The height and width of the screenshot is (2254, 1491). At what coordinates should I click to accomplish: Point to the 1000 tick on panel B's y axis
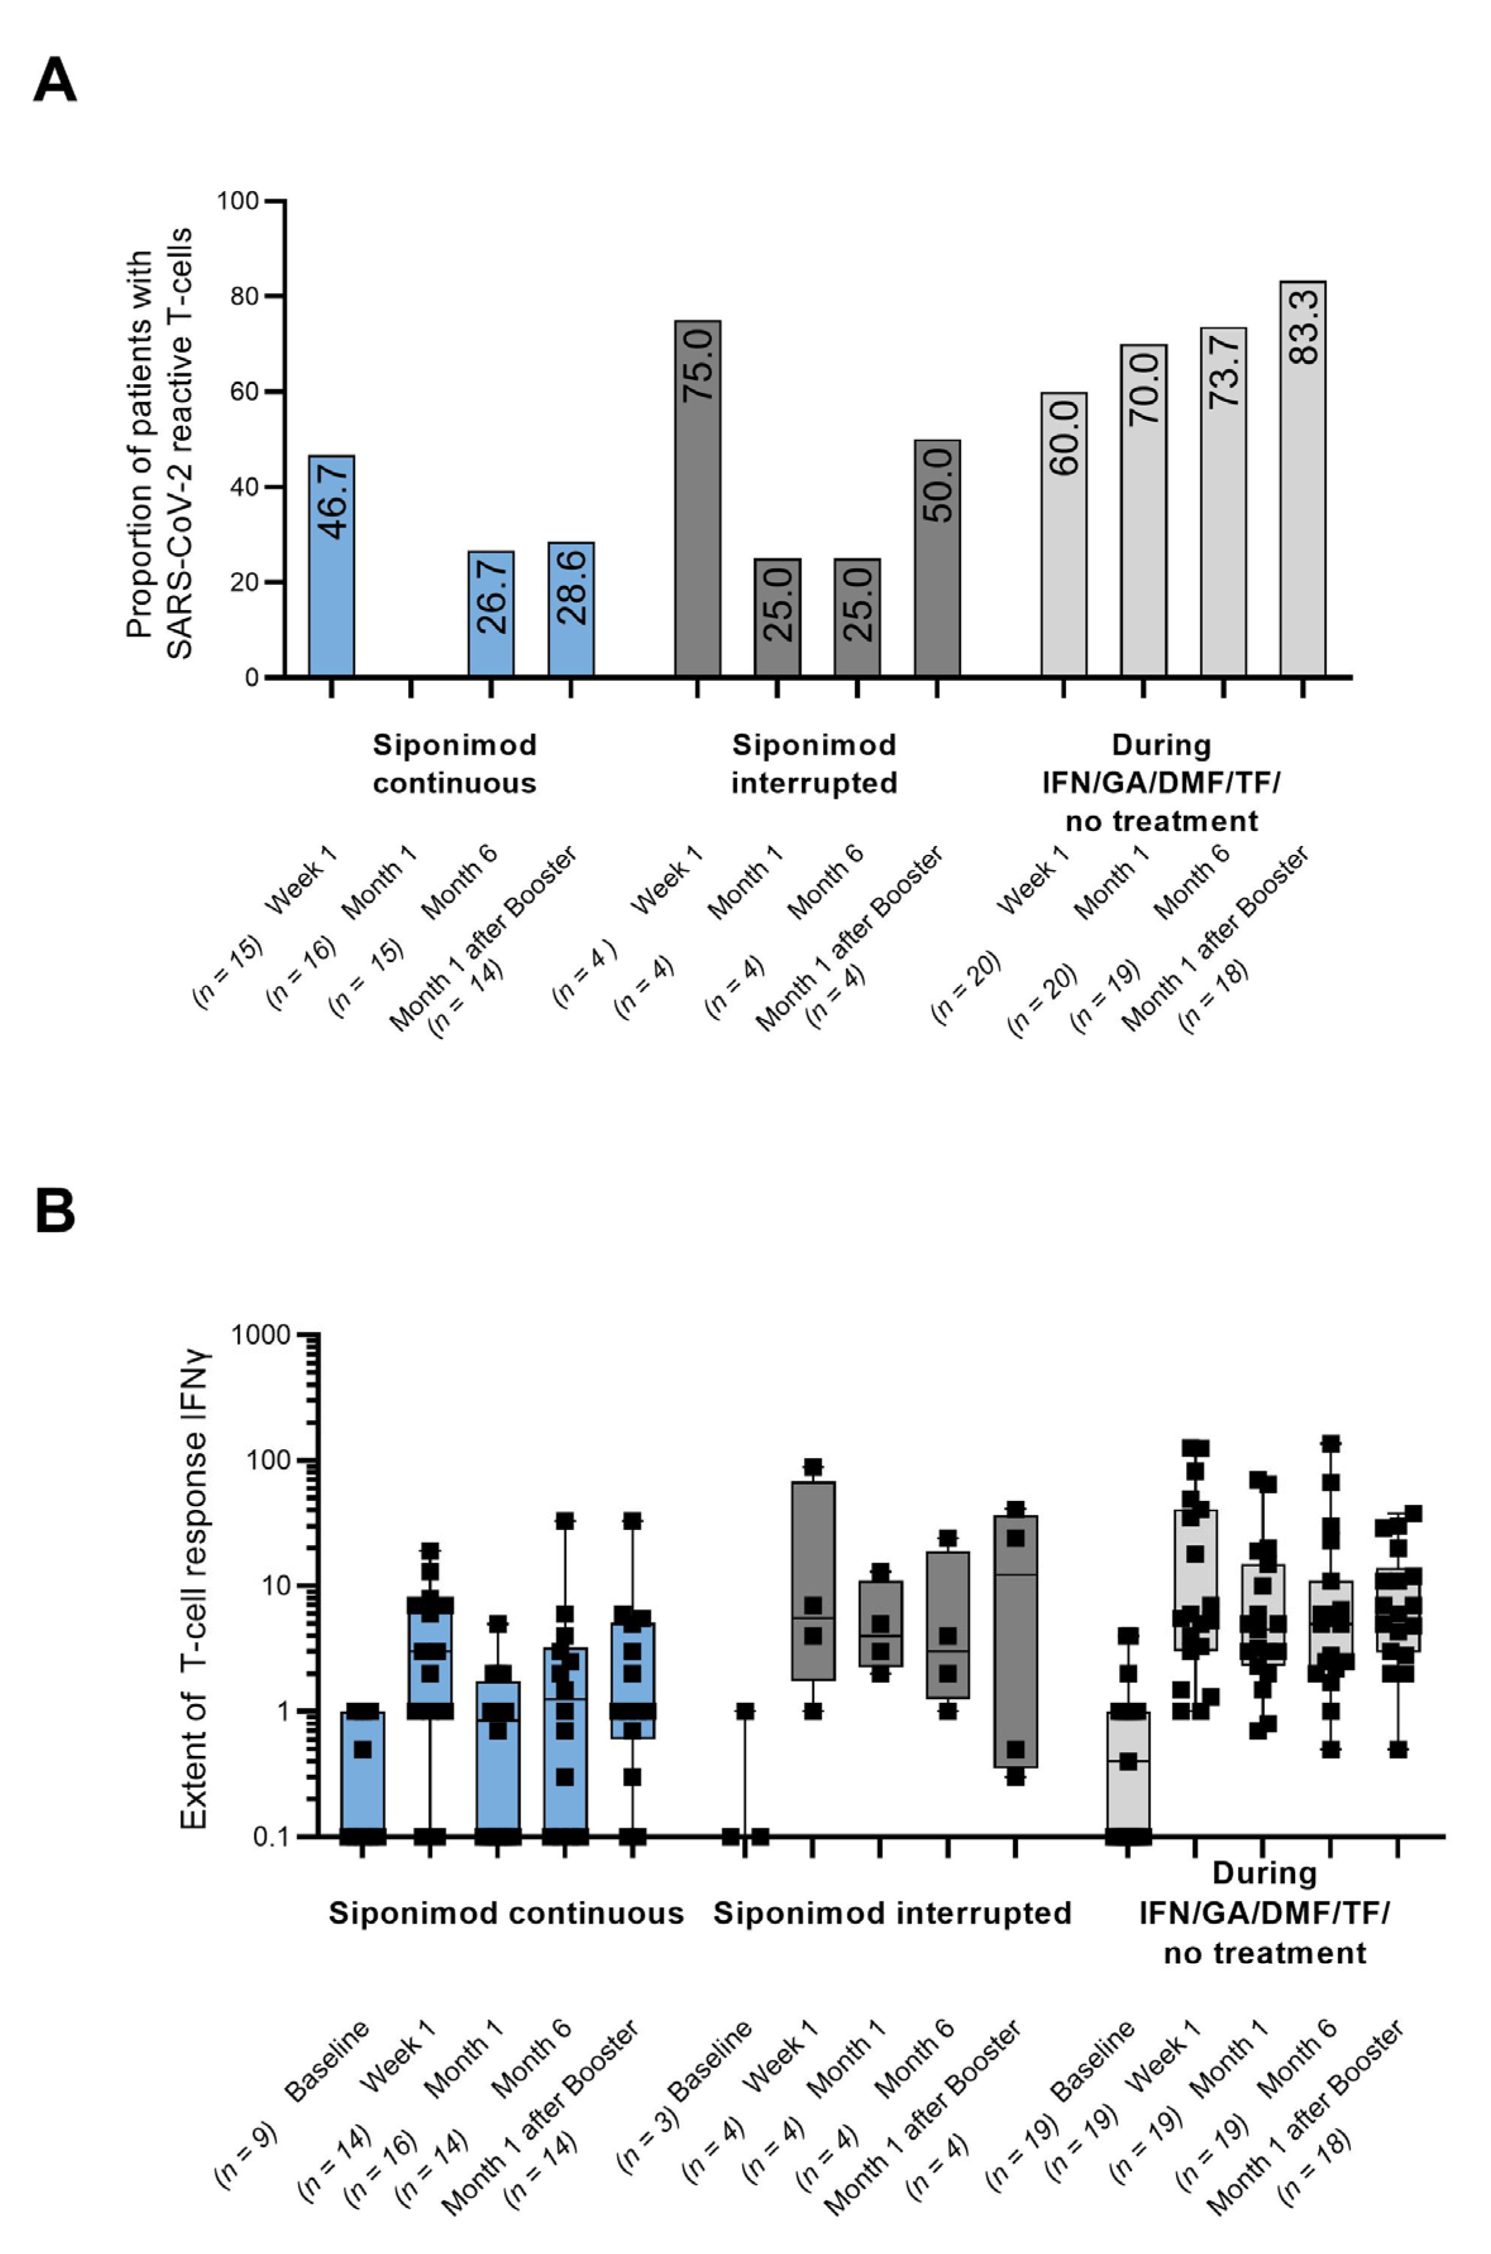click(259, 1335)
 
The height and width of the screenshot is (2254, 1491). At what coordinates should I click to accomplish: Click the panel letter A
click(54, 81)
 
